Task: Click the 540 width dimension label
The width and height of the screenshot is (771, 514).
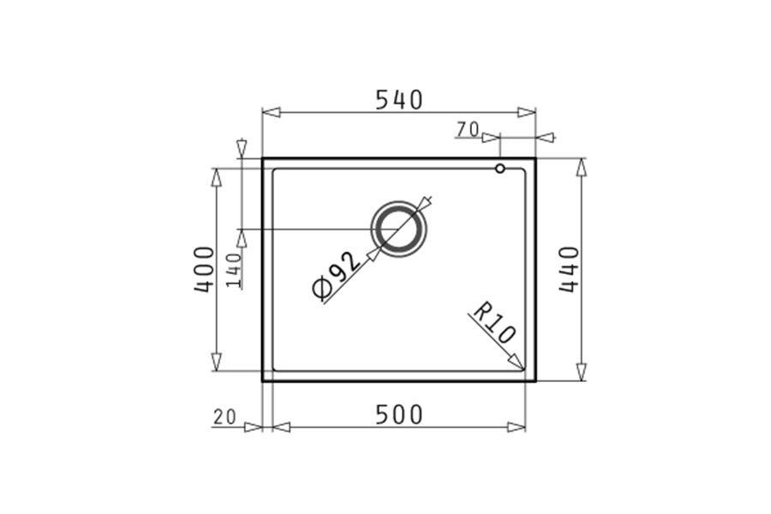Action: [x=398, y=100]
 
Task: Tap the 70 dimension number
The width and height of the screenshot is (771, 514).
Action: [x=468, y=129]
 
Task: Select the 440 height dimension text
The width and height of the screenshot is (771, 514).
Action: [x=570, y=269]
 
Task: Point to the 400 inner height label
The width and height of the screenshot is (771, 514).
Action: [x=205, y=269]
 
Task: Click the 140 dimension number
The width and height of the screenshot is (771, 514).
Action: [x=234, y=270]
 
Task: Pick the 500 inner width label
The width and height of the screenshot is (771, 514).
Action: [x=398, y=415]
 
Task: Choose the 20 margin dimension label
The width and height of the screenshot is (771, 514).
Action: [x=224, y=417]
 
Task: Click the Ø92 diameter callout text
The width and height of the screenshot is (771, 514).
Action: [x=338, y=276]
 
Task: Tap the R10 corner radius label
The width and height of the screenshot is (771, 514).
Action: [x=493, y=323]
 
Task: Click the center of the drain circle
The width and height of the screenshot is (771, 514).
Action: [x=398, y=230]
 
